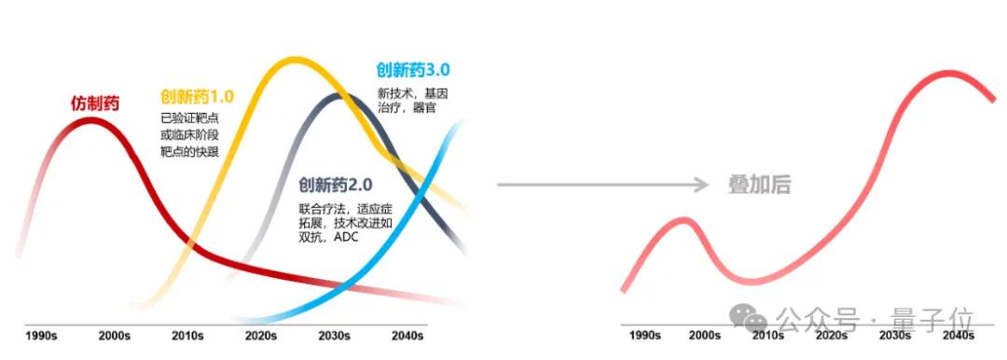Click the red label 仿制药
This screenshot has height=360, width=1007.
click(x=95, y=104)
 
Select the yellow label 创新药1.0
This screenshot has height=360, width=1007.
click(x=197, y=96)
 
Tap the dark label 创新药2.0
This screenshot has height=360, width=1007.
click(x=337, y=186)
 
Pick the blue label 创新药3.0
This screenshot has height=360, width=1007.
click(x=413, y=70)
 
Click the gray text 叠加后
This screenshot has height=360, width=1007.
click(x=759, y=185)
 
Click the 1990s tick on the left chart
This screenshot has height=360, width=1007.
click(x=42, y=336)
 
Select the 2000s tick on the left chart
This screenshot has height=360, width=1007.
click(x=115, y=336)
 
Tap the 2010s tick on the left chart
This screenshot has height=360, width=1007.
click(x=188, y=336)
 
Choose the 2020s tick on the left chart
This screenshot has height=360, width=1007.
click(x=261, y=336)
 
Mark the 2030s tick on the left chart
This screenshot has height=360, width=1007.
click(x=334, y=336)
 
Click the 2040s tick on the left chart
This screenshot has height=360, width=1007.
click(x=407, y=336)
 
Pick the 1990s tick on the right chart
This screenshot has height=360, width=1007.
click(x=646, y=336)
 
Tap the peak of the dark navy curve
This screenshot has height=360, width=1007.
click(x=336, y=96)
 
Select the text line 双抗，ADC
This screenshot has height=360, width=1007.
click(x=329, y=238)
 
